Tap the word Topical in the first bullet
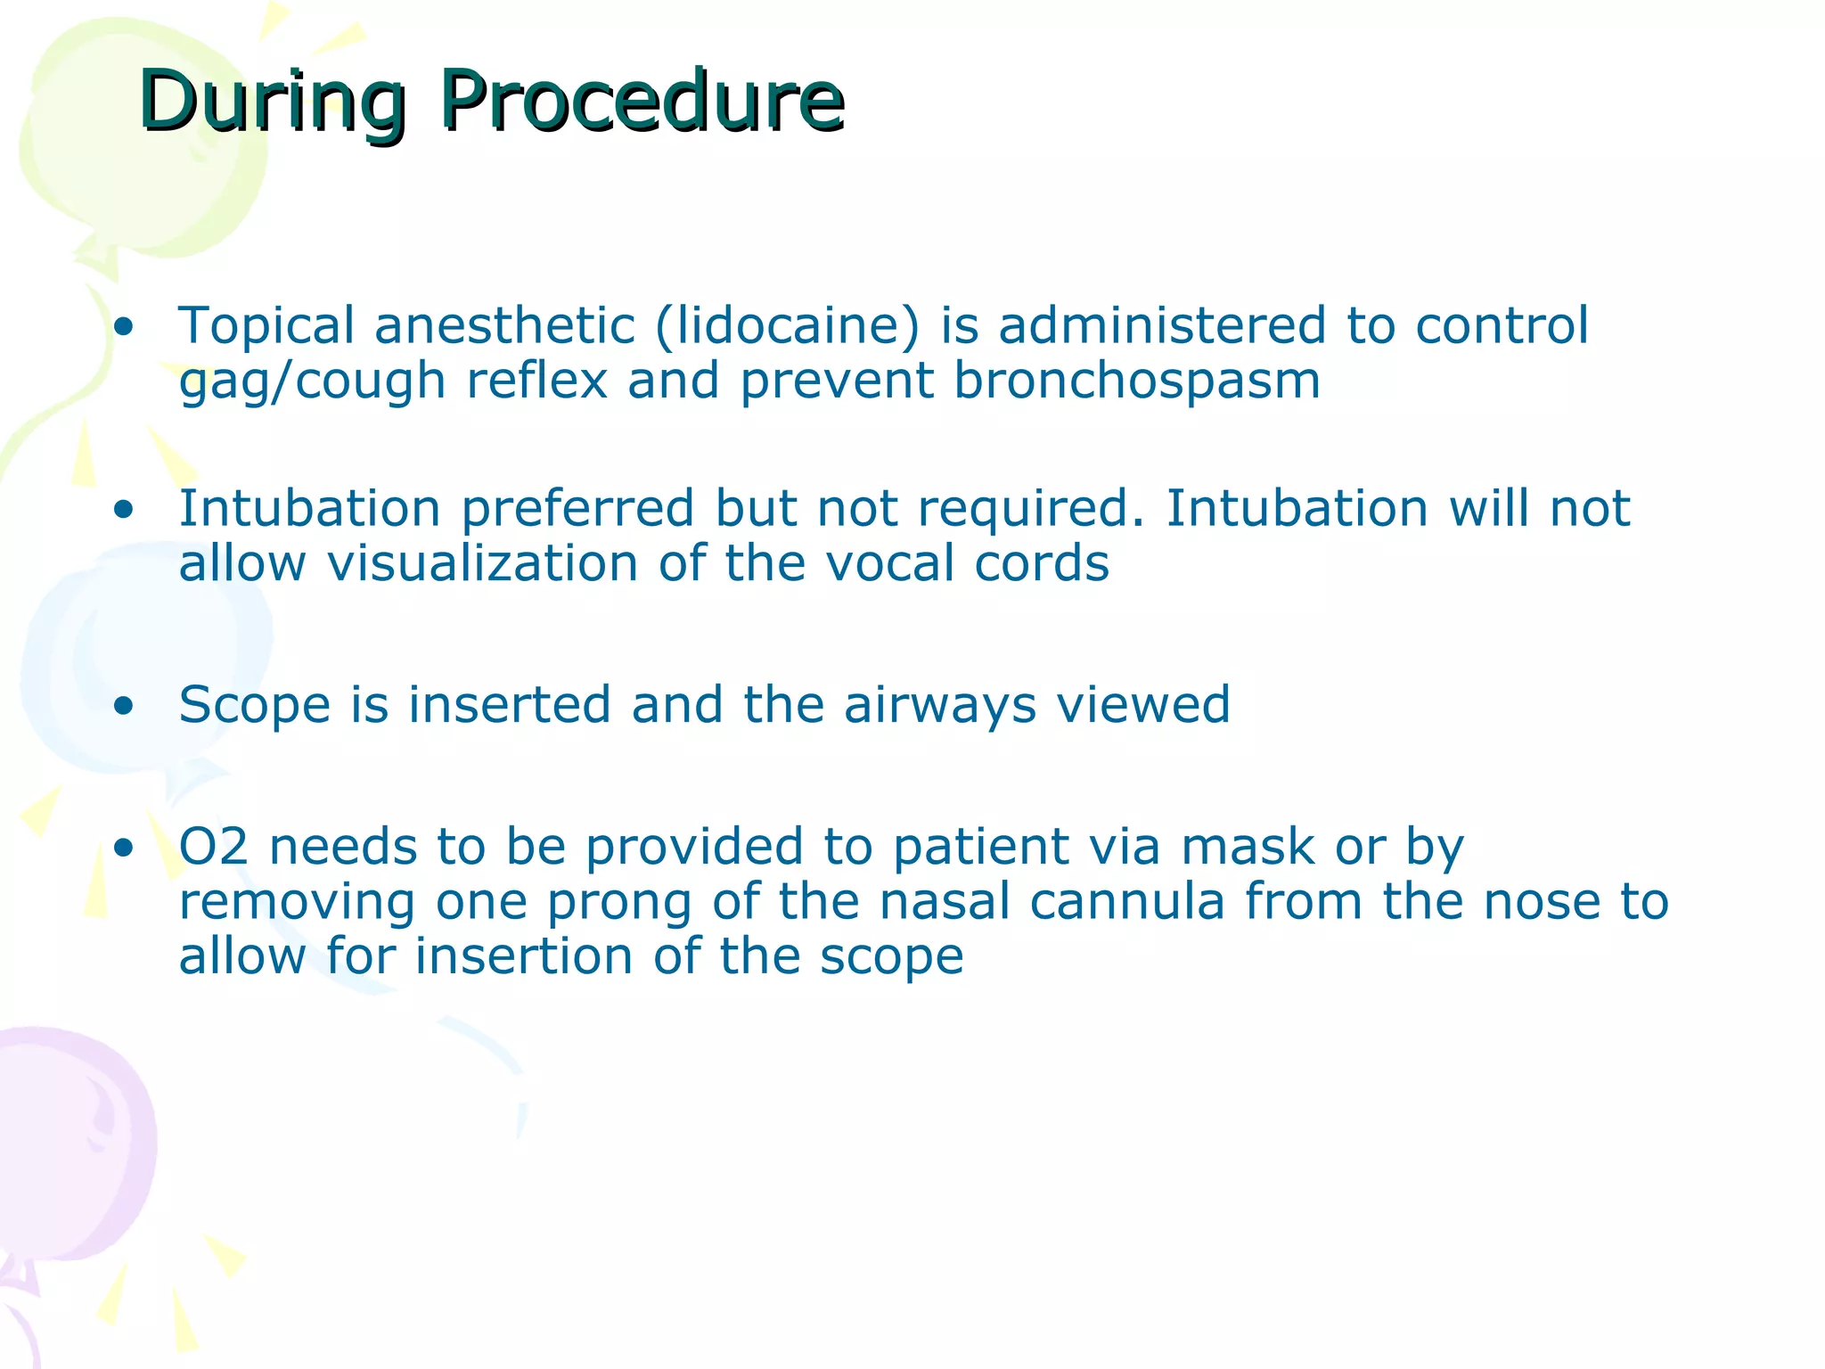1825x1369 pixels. pos(266,326)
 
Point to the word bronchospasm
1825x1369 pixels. pos(1136,381)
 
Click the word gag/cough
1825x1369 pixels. pos(312,381)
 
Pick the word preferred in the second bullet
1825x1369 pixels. pos(577,510)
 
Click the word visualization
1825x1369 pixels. pos(482,564)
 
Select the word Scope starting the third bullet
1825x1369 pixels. pos(255,705)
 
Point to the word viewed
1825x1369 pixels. pos(1143,705)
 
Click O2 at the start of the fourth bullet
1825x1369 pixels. pos(213,847)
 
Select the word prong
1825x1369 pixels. pos(618,902)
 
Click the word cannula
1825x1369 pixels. pos(1126,902)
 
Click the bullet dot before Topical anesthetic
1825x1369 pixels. pos(124,327)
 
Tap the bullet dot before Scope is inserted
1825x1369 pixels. pos(124,707)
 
